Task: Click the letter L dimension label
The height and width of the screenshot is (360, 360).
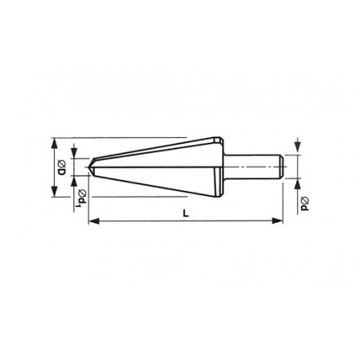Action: point(186,213)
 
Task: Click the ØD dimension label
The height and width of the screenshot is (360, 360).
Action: point(61,168)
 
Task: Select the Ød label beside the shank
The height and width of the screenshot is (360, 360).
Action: point(305,204)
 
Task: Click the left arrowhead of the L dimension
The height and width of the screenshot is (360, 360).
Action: point(94,221)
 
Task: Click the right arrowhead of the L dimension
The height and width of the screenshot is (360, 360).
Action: point(277,221)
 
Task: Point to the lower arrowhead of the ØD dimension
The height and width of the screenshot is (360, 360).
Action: point(54,191)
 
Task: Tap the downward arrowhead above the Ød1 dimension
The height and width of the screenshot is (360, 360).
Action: point(74,153)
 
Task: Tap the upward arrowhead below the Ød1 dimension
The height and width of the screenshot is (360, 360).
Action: point(74,181)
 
